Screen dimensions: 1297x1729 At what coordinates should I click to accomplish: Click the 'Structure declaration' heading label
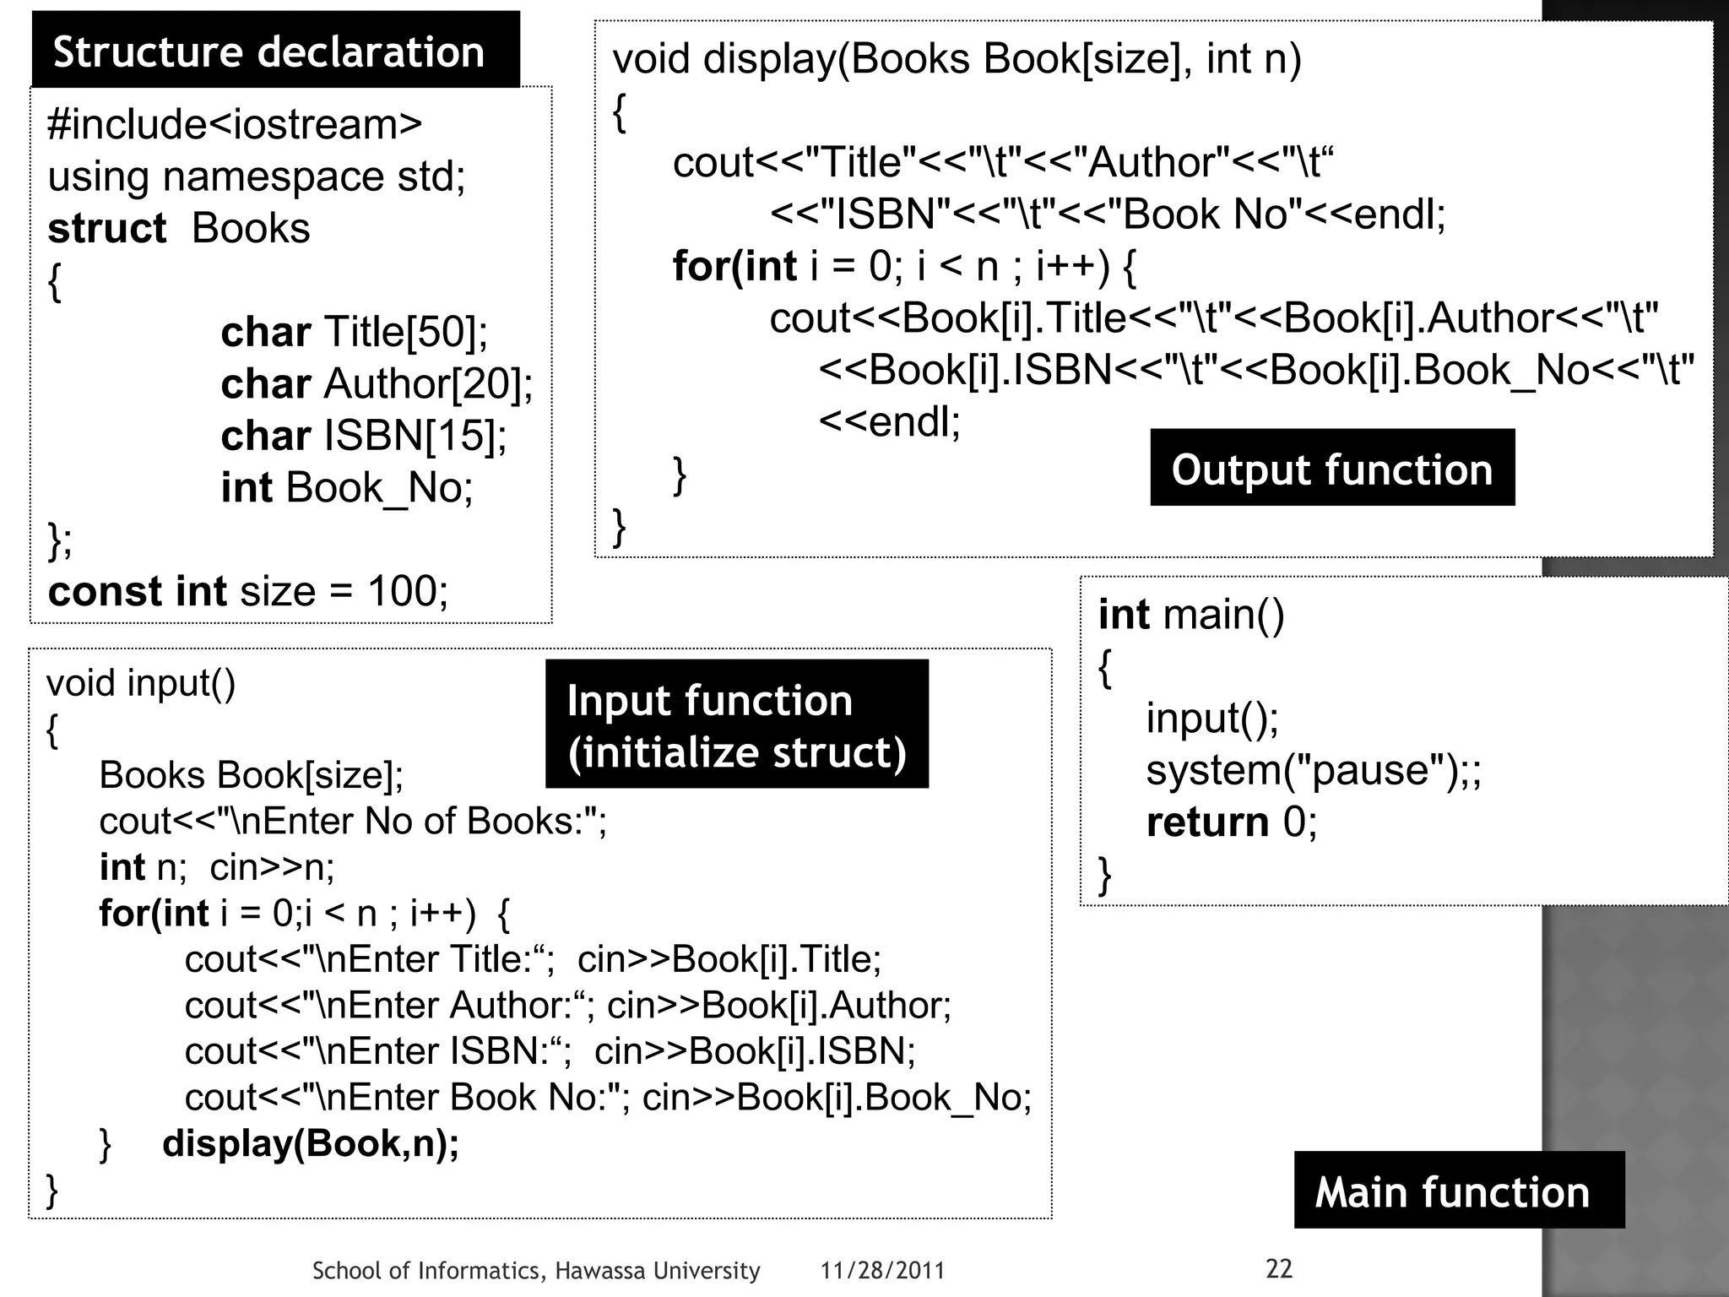coord(268,52)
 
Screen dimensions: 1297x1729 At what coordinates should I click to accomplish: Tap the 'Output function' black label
coord(1331,469)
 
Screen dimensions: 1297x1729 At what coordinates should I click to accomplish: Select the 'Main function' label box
coord(1452,1191)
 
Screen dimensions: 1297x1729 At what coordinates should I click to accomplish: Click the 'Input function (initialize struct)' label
coord(736,725)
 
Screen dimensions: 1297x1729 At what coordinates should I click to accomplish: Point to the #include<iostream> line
coord(235,125)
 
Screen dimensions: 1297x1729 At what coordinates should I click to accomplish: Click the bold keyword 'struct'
coord(107,229)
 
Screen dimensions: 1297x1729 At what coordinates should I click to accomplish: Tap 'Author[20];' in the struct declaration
coord(428,384)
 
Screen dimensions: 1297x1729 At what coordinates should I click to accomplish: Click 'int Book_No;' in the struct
coord(346,488)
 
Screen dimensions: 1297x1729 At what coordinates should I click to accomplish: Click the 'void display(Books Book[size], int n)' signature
coord(957,59)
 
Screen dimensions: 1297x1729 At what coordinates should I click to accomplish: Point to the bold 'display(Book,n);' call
coord(311,1143)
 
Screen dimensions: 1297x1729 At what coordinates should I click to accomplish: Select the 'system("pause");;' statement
coord(1313,770)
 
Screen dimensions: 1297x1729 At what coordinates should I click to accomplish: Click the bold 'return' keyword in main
coord(1207,822)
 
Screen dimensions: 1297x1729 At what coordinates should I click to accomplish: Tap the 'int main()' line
coord(1190,614)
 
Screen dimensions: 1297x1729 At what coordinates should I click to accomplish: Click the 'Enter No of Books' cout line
coord(353,821)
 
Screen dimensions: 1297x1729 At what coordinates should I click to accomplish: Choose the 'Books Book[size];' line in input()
coord(252,775)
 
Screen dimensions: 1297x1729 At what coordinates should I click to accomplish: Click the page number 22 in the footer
coord(1279,1268)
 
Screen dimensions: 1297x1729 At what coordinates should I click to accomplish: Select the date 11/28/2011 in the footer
coord(882,1271)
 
